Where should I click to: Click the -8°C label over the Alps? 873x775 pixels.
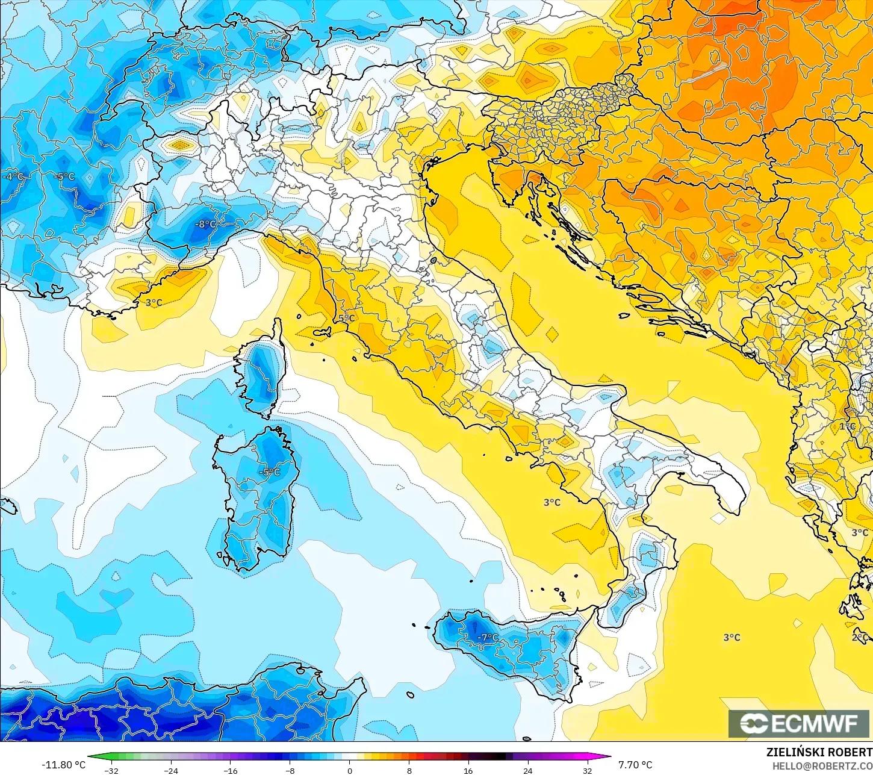tap(205, 225)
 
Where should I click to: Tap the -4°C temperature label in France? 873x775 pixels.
tap(13, 176)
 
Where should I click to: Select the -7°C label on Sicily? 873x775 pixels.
tap(488, 637)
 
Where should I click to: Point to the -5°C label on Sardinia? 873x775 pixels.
tap(269, 472)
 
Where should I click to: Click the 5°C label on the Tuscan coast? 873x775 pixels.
tap(346, 318)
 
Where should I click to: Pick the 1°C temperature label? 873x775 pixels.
tap(847, 426)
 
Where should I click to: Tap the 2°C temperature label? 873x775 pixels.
tap(860, 637)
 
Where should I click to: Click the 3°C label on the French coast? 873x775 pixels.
tap(154, 302)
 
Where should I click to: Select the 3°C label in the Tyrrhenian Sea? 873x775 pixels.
tap(551, 502)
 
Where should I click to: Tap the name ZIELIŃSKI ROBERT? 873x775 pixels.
tap(819, 753)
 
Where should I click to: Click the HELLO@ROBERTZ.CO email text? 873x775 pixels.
tap(822, 766)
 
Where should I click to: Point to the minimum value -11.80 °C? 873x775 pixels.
tap(63, 765)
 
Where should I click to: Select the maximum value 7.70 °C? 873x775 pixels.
tap(635, 765)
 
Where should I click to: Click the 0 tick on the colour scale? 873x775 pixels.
tap(349, 770)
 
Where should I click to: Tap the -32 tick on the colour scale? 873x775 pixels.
tap(111, 770)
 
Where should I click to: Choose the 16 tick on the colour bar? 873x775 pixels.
tap(468, 770)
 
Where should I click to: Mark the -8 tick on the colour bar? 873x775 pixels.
tap(290, 770)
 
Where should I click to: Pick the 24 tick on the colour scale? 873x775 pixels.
tap(527, 770)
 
